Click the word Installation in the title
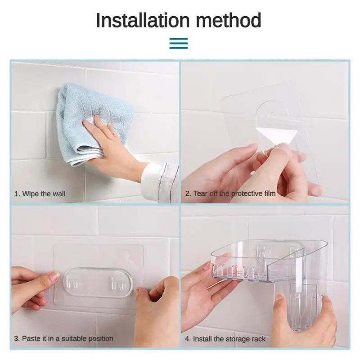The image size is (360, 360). tap(143, 20)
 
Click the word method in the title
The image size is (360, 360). tap(229, 20)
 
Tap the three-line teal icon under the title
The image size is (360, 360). tap(179, 43)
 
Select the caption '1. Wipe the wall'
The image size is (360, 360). tap(40, 194)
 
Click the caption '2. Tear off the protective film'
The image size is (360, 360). tap(230, 193)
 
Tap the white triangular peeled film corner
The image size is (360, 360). tap(277, 135)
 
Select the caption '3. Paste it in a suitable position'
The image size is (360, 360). tap(63, 338)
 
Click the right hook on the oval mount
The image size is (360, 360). tap(119, 283)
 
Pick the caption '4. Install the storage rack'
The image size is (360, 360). tap(225, 339)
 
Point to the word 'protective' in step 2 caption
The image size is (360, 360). tap(247, 194)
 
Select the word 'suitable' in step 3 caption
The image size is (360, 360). tap(74, 338)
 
